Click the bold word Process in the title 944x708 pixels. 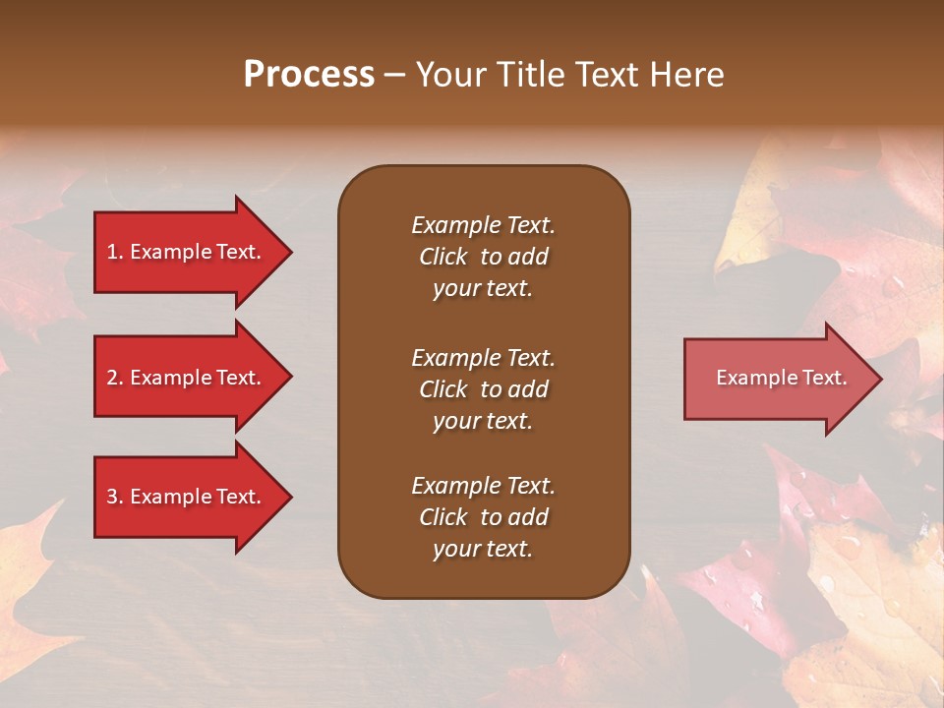click(x=309, y=75)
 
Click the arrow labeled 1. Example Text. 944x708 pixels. click(x=187, y=252)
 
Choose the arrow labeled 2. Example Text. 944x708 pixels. click(x=187, y=378)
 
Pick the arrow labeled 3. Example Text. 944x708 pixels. click(x=187, y=497)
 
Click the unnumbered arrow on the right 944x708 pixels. click(x=777, y=379)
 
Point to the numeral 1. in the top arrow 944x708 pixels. click(x=115, y=252)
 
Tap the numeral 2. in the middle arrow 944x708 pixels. click(x=115, y=378)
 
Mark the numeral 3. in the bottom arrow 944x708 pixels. click(x=115, y=497)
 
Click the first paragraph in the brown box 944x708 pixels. click(x=483, y=257)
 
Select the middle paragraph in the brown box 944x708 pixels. click(x=483, y=389)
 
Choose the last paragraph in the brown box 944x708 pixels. click(x=483, y=517)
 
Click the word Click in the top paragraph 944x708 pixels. click(x=442, y=257)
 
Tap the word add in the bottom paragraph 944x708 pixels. click(x=528, y=517)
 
